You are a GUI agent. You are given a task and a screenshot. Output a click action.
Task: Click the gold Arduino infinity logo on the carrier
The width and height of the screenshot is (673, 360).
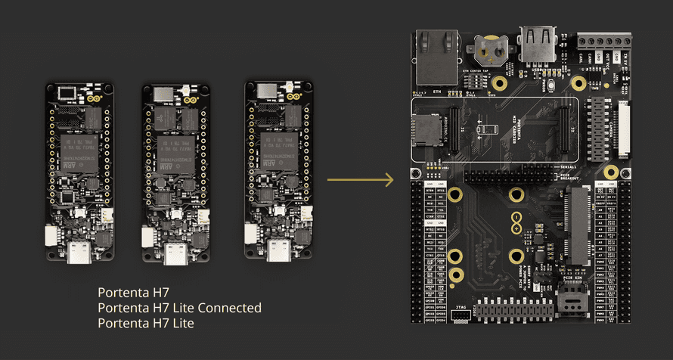[516, 223]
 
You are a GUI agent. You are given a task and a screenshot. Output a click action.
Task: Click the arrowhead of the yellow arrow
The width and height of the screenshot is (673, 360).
[390, 180]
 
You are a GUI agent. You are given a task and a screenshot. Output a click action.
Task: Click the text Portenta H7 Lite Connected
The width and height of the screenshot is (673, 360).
[180, 308]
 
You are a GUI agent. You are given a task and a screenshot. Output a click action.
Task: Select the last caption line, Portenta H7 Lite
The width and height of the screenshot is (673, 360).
[146, 324]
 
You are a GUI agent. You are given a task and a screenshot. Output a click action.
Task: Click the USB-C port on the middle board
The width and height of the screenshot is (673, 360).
[176, 253]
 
